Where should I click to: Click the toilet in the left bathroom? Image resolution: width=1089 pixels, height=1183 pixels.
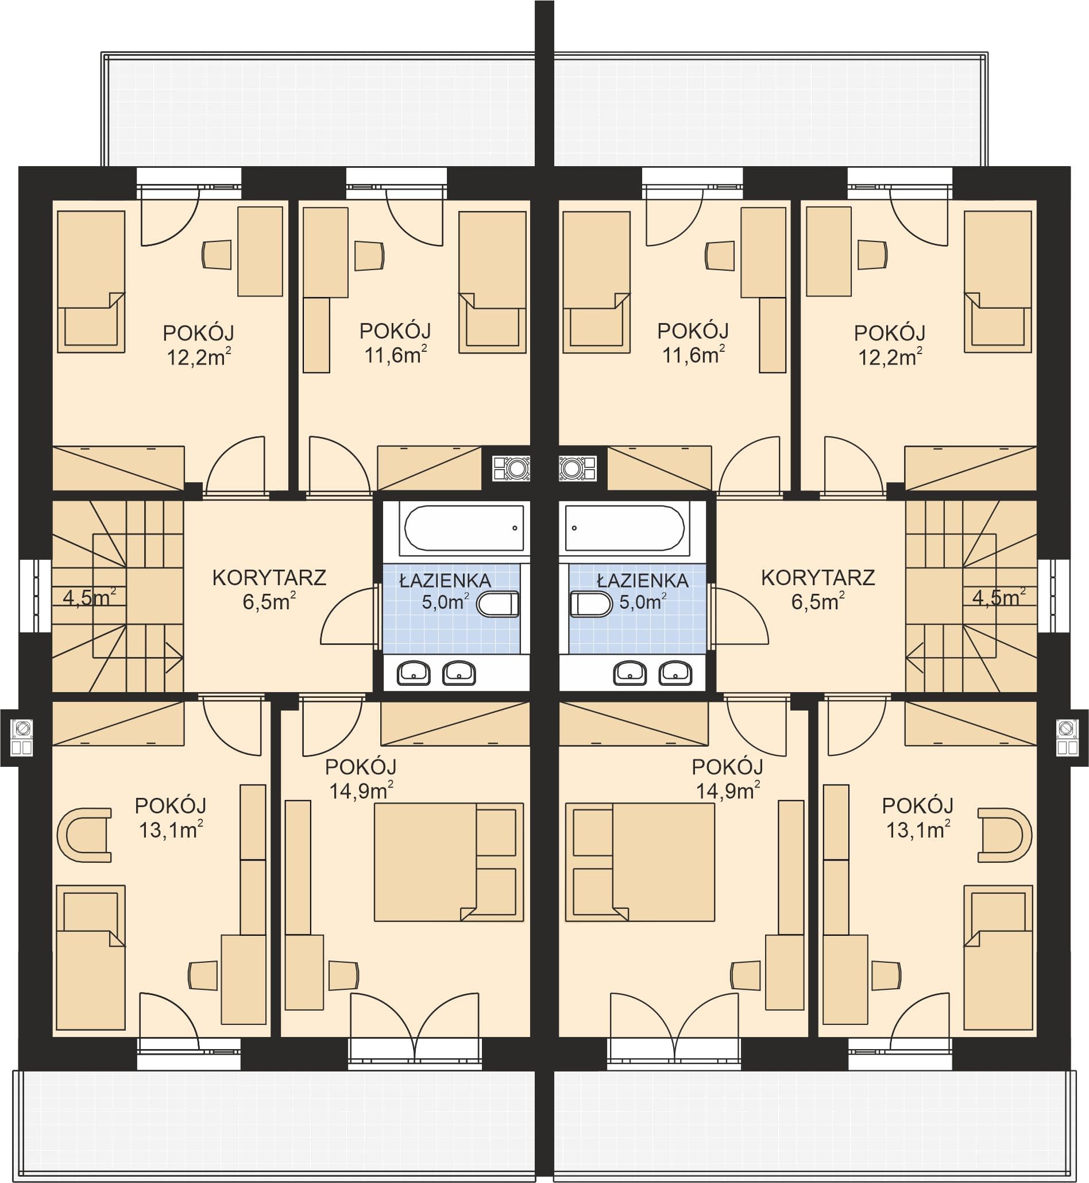pos(498,605)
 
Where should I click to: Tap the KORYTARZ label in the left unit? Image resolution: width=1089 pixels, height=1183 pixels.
pos(269,577)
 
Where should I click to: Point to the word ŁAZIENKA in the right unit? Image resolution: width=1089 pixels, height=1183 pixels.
pos(642,581)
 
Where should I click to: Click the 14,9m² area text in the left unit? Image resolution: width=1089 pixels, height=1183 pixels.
pos(361,790)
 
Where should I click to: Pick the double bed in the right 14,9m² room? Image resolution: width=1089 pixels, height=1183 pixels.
pos(640,862)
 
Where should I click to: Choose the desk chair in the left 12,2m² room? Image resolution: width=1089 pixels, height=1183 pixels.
pos(217,255)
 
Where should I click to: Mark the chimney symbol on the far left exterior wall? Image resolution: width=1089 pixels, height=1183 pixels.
pos(22,737)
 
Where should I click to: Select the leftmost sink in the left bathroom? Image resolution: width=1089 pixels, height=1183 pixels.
pos(414,673)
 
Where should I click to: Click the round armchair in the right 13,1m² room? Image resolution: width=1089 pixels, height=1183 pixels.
pos(1005,835)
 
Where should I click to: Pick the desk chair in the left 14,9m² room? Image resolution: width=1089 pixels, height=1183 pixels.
pos(343,975)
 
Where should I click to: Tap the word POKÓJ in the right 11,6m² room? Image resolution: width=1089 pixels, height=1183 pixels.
pos(693,331)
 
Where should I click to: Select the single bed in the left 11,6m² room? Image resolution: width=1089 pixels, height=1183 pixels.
pos(492,282)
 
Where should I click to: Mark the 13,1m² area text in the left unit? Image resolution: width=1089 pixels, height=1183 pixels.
pos(171,829)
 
